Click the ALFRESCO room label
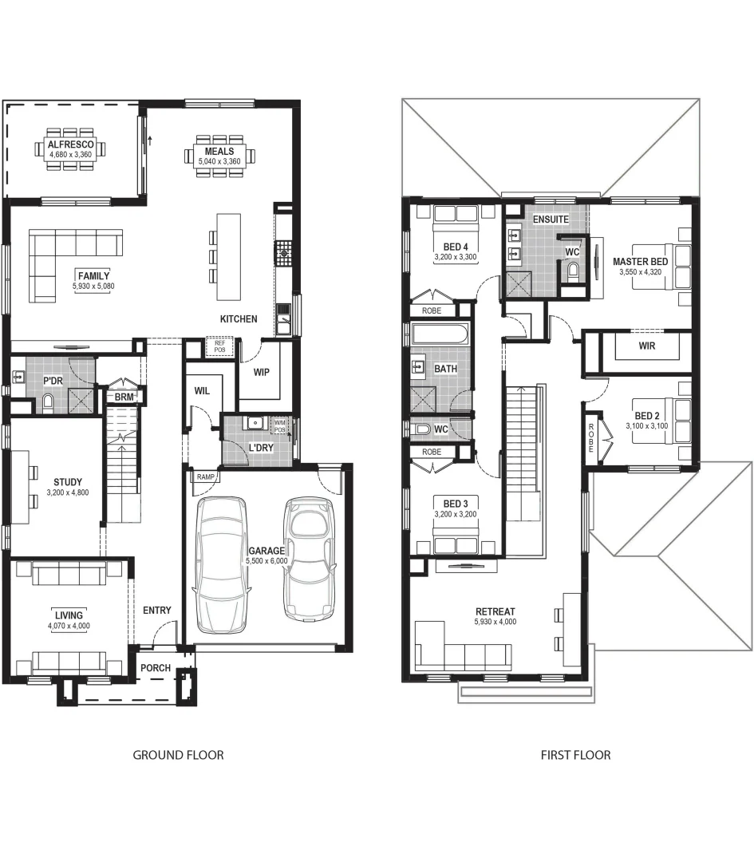(70, 144)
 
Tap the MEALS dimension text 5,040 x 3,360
(219, 161)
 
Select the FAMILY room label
(93, 276)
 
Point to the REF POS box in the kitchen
(220, 346)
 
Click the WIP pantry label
(261, 372)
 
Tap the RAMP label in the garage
(205, 476)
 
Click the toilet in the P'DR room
(49, 402)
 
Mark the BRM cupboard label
(124, 397)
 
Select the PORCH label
(156, 668)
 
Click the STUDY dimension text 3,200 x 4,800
(68, 492)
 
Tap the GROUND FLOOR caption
(178, 755)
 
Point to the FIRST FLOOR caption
(575, 755)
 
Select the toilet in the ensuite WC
(573, 271)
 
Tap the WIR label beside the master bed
(647, 346)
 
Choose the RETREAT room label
(495, 611)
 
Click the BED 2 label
(647, 416)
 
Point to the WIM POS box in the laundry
(280, 426)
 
